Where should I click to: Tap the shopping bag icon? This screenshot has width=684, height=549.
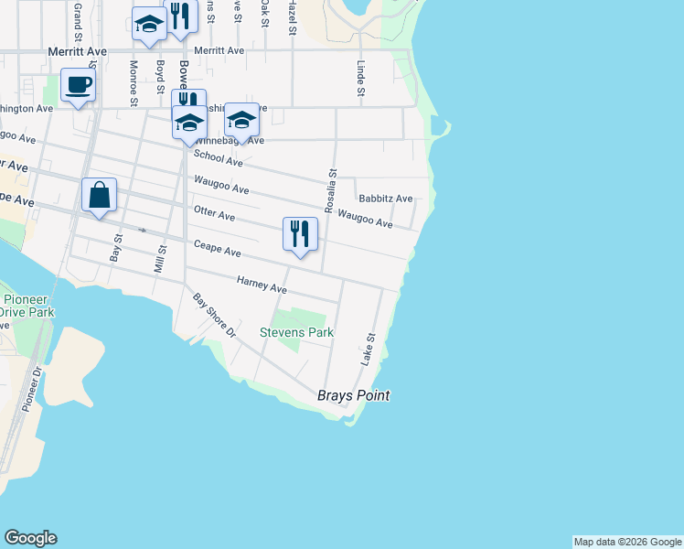click(x=99, y=196)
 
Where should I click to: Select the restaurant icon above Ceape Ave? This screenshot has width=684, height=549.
click(x=300, y=235)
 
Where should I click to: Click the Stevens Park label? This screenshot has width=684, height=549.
click(x=297, y=333)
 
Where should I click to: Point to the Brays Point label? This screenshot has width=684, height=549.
click(x=353, y=396)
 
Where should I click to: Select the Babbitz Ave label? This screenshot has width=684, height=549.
click(x=385, y=199)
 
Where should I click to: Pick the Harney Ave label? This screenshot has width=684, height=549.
click(x=262, y=285)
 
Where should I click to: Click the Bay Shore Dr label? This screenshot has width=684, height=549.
click(x=214, y=316)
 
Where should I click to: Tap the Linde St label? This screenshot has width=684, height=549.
click(x=361, y=79)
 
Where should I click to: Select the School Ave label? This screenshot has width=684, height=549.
click(x=218, y=158)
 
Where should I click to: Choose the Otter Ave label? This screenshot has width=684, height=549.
click(x=214, y=215)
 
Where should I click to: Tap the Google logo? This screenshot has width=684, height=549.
click(x=30, y=538)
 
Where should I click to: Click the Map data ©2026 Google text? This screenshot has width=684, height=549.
click(x=627, y=542)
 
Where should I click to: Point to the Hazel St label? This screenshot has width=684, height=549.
click(x=291, y=18)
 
